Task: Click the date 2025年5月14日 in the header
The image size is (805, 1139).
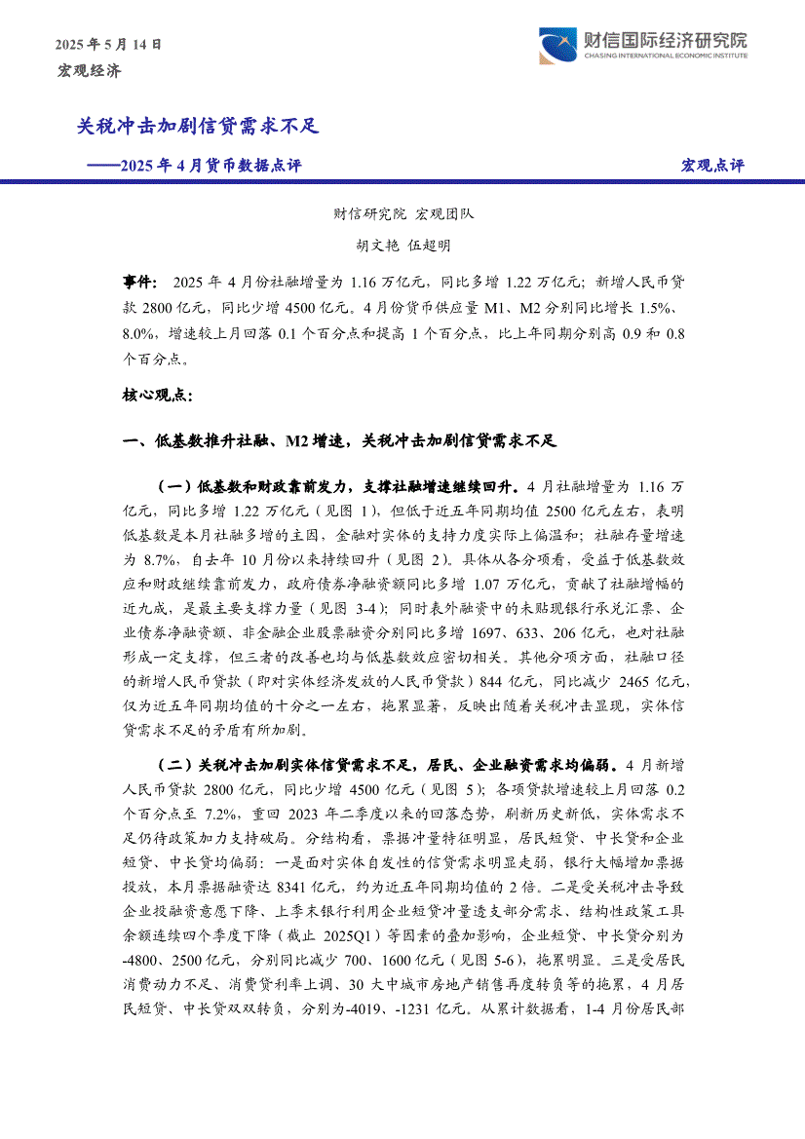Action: click(x=108, y=44)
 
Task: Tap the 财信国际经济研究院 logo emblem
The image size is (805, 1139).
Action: click(x=556, y=45)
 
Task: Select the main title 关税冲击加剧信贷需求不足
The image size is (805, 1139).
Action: click(x=198, y=127)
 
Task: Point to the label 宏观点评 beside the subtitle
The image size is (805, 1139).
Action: click(x=711, y=166)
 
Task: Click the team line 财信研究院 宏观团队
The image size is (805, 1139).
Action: click(x=402, y=214)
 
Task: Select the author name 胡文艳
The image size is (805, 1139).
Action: click(x=377, y=247)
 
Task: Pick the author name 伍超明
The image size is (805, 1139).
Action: click(x=430, y=247)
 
